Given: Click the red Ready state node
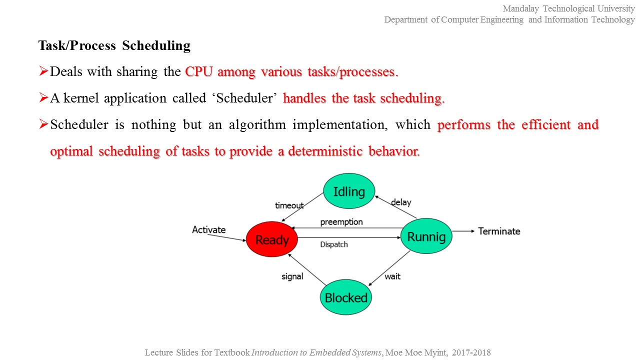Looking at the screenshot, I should tap(271, 239).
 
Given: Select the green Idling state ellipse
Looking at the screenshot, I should tap(348, 191).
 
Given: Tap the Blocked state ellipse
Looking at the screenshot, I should tap(345, 297).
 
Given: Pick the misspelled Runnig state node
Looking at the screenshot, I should tap(426, 236).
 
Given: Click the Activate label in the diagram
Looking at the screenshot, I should tap(209, 229).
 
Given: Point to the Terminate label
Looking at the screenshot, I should tap(499, 231).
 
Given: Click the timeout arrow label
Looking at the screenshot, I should tap(289, 205).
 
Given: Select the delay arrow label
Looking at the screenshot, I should tap(401, 202).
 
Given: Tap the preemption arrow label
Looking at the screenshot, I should tap(341, 221).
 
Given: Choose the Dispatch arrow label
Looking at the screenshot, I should tap(333, 244).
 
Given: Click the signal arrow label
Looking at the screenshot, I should tap(292, 276).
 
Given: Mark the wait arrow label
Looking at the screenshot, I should tap(392, 276).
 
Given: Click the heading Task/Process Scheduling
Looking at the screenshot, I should tap(114, 45).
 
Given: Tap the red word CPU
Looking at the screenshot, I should tap(199, 71).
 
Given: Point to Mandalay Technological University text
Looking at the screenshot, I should tap(568, 8).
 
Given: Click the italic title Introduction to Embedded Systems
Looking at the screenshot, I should tap(316, 352).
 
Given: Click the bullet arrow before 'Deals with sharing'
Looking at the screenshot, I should tap(43, 71).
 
